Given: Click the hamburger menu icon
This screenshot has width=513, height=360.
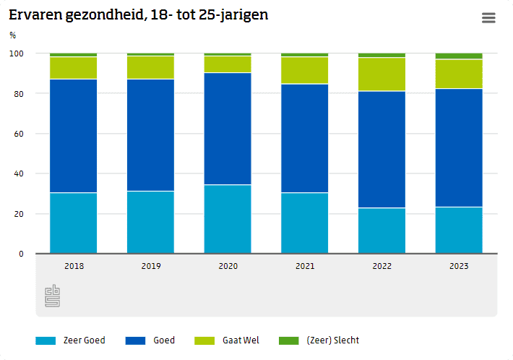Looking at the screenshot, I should tap(489, 18).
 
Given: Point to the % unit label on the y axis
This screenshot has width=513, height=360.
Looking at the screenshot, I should tap(12, 35).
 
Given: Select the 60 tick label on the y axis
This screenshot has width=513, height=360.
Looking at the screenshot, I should tap(19, 134).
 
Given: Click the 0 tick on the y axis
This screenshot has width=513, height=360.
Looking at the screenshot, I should tap(21, 254).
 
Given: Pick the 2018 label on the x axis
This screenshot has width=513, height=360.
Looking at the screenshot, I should tap(74, 266).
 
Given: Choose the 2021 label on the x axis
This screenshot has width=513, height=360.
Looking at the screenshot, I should tap(305, 266).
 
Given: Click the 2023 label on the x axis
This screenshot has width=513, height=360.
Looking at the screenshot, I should tap(459, 266).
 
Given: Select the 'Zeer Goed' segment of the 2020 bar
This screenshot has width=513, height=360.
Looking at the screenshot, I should tap(228, 219).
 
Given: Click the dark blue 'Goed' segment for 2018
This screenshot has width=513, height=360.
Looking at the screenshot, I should tap(74, 136).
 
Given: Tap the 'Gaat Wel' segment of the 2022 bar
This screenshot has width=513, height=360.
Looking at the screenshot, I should tap(381, 74).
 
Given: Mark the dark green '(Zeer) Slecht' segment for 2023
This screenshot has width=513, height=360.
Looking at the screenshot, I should tap(459, 56).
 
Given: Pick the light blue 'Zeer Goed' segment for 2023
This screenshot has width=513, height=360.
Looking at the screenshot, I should tap(459, 230).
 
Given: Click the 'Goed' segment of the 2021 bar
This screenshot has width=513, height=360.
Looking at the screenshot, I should tap(305, 138).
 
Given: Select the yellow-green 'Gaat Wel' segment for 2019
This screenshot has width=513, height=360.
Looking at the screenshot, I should tap(150, 67).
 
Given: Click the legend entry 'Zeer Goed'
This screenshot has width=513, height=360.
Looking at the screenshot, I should tap(70, 340).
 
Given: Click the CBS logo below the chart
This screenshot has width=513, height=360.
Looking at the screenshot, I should tap(53, 296).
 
